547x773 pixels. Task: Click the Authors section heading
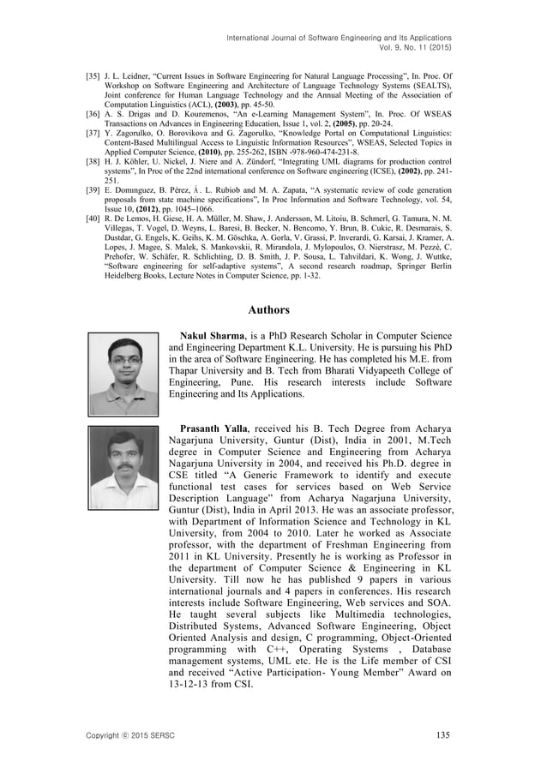(x=273, y=309)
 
